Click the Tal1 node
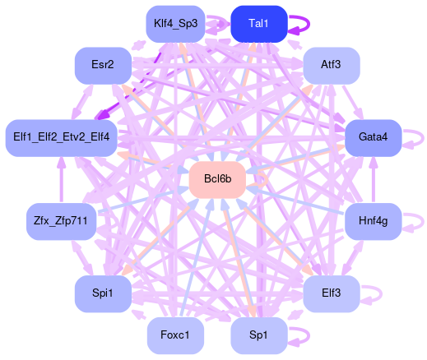[x=259, y=24]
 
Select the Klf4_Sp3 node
[x=175, y=24]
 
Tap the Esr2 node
[x=103, y=66]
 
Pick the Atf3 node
[x=332, y=66]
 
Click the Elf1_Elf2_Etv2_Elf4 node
[x=62, y=138]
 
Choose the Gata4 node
[x=373, y=138]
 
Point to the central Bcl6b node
[x=217, y=180]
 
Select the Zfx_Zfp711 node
[x=62, y=221]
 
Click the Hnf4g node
[x=373, y=221]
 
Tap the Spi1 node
[x=103, y=293]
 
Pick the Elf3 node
[x=332, y=293]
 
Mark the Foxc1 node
[x=175, y=335]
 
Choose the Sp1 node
[x=259, y=335]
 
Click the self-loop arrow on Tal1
[x=309, y=24]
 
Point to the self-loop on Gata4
[x=423, y=138]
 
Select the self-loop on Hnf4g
[x=423, y=222]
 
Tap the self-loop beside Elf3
[x=381, y=294]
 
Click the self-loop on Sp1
[x=309, y=335]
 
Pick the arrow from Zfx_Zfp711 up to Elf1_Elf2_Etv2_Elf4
[x=62, y=180]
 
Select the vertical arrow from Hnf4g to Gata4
[x=373, y=180]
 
